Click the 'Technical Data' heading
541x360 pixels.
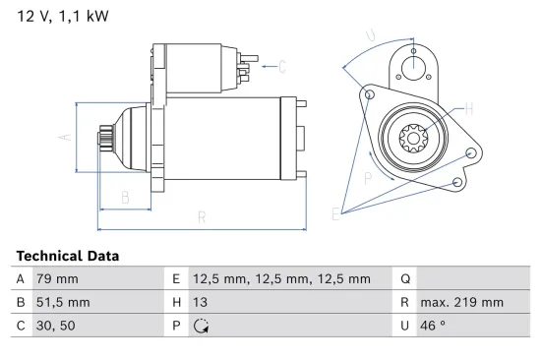[68, 256]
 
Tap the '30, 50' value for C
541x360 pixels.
[55, 327]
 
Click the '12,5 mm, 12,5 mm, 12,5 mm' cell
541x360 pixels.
[281, 278]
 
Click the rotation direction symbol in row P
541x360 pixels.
[202, 327]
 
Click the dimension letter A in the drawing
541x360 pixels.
[65, 137]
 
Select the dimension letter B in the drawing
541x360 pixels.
[125, 198]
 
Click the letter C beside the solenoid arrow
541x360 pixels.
[281, 67]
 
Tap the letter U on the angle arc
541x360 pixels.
[370, 37]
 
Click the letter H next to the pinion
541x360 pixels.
[468, 108]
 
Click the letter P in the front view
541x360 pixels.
[367, 178]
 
